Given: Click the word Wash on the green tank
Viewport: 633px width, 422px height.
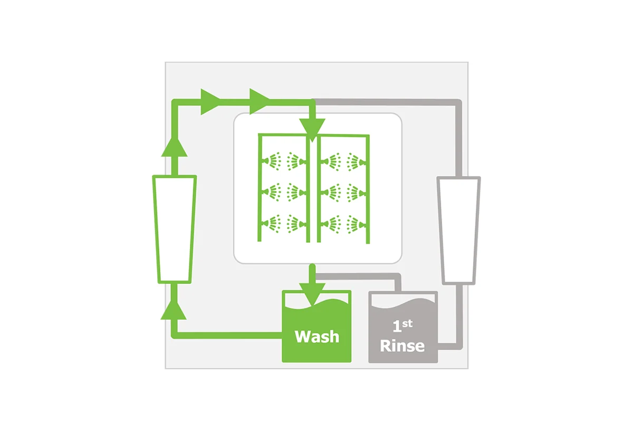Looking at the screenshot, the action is [317, 337].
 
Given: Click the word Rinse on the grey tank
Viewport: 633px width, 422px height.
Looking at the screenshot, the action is [402, 346].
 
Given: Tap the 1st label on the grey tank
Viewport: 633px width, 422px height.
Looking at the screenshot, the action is [402, 326].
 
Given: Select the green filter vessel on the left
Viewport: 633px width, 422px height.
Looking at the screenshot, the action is [175, 229].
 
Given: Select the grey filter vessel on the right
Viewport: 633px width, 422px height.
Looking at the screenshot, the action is [458, 231].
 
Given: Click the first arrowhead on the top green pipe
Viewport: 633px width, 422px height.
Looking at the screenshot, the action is [210, 102].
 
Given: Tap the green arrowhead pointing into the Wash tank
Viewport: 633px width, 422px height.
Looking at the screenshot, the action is [312, 295].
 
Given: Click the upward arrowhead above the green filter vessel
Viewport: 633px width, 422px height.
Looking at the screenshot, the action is [175, 147].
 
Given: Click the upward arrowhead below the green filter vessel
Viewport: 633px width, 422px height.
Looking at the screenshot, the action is [174, 310].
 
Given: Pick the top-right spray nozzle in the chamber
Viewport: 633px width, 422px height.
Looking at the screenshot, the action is [357, 161].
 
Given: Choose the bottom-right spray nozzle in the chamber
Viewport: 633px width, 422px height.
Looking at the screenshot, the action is [357, 224].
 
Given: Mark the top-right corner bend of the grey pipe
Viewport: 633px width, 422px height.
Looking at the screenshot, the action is [458, 103].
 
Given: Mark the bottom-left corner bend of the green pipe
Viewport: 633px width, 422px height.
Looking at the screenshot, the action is [175, 335].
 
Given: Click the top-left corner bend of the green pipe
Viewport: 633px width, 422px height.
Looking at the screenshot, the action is [175, 102].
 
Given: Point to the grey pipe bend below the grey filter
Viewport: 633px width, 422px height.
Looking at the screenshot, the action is [459, 346].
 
